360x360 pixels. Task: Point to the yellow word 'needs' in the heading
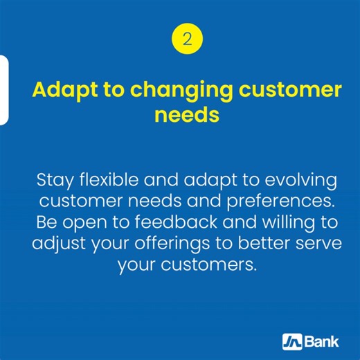[x=186, y=114]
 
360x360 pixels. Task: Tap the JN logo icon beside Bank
[x=291, y=341]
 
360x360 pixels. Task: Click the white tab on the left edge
[x=3, y=90]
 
